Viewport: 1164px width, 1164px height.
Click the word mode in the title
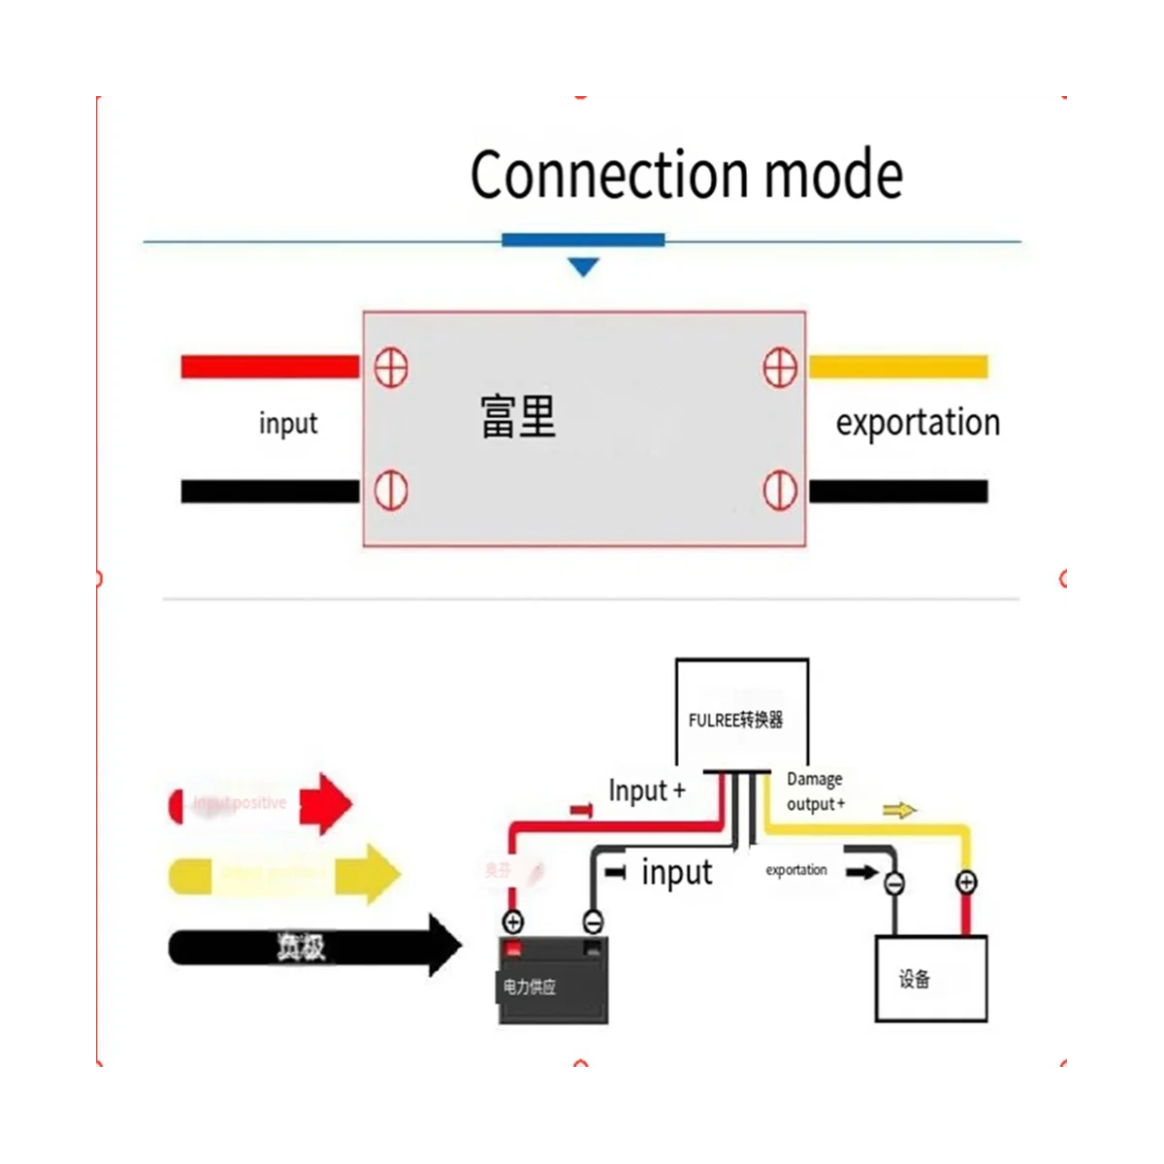(x=833, y=175)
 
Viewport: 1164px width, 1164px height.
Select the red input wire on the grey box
(x=270, y=367)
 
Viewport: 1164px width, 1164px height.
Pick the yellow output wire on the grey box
(x=897, y=367)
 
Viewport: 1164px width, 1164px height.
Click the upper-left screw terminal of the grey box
(x=391, y=368)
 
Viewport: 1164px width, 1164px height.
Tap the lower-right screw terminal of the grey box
(x=780, y=491)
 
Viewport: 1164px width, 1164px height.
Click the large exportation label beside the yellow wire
(x=918, y=423)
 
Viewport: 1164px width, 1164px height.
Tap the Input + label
(x=646, y=792)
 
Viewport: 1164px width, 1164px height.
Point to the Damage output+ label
(x=815, y=792)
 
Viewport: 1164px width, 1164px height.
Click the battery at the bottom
(x=554, y=982)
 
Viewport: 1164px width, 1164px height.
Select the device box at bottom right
(x=930, y=978)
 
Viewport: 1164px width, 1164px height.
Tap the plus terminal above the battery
(x=512, y=921)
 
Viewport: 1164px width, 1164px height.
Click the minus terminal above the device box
(x=894, y=883)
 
